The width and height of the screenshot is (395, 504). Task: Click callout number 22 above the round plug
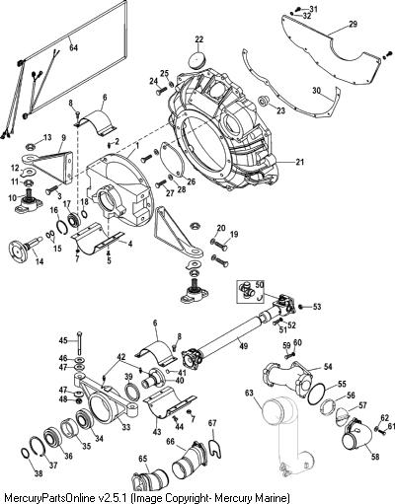(x=199, y=39)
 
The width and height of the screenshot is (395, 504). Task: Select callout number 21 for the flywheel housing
(x=299, y=162)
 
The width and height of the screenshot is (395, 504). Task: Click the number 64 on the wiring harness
(x=73, y=47)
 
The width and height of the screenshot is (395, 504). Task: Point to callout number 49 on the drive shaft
(x=244, y=346)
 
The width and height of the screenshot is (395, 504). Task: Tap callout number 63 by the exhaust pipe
(x=250, y=393)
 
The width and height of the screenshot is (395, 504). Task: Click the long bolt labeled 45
(x=81, y=342)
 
